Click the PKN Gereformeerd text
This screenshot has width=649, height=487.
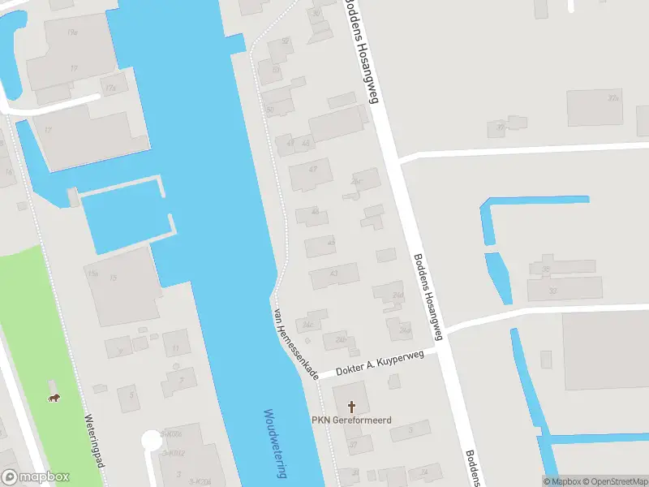352,420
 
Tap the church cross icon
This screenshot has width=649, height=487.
352,405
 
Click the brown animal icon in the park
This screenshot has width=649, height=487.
54,398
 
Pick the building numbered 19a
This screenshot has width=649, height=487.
72,32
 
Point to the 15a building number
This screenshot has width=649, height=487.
92,274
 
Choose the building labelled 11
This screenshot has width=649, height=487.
175,348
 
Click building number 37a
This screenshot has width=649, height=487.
612,98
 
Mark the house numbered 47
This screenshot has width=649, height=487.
313,169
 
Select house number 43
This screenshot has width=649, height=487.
333,274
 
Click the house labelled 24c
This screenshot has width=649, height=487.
307,325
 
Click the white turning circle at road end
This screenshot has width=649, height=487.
151,440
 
